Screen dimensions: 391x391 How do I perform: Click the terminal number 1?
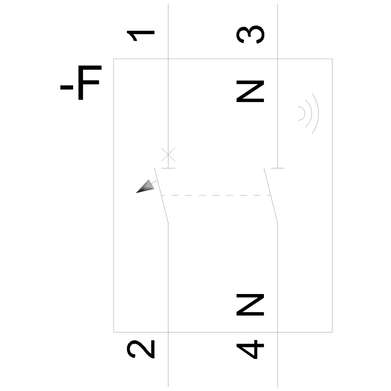click(x=141, y=36)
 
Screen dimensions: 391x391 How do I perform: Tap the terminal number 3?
click(x=250, y=34)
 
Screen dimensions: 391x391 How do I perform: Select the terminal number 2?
click(x=141, y=349)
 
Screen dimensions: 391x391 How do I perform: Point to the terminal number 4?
click(x=250, y=349)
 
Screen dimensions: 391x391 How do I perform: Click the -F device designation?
click(x=81, y=83)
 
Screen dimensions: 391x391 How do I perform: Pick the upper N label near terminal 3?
click(x=250, y=91)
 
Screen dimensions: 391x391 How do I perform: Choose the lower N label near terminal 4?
click(x=250, y=305)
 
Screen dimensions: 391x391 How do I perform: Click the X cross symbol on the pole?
click(x=168, y=154)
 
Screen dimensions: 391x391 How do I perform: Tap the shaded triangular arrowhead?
click(x=146, y=187)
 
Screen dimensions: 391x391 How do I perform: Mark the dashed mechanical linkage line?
click(x=216, y=195)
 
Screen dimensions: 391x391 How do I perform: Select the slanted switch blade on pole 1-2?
click(x=161, y=195)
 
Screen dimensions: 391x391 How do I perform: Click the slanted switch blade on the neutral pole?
click(x=271, y=195)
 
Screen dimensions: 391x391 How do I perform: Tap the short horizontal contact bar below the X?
click(x=168, y=168)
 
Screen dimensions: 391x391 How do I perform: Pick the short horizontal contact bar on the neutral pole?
click(x=278, y=168)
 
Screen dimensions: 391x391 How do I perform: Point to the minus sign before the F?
click(x=66, y=88)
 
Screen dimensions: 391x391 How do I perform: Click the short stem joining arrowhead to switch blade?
click(x=154, y=182)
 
